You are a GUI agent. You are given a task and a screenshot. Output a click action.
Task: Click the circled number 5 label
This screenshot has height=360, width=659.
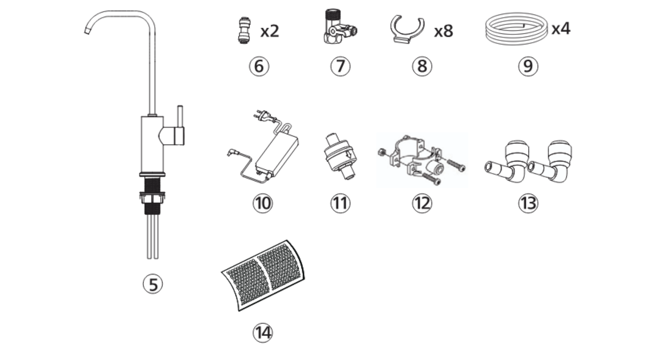click(x=153, y=284)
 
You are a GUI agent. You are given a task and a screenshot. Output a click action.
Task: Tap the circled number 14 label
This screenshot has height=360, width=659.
click(x=262, y=332)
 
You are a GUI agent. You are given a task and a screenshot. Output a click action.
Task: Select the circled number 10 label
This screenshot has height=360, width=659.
click(x=262, y=203)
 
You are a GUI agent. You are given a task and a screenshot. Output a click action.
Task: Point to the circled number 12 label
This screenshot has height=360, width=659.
click(x=422, y=203)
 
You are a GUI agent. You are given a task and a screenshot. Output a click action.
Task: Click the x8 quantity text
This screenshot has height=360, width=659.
click(x=443, y=31)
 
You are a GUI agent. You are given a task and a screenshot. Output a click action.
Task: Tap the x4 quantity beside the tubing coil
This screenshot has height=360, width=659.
click(x=561, y=29)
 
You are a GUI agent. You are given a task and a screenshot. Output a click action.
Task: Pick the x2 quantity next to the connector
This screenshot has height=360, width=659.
click(x=269, y=31)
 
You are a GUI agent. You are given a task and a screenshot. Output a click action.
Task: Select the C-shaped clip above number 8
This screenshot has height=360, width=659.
click(x=407, y=29)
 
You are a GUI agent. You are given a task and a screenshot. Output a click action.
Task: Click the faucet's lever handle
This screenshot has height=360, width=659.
click(x=179, y=125)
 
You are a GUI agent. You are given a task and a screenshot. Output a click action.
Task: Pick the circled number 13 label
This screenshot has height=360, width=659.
click(x=528, y=203)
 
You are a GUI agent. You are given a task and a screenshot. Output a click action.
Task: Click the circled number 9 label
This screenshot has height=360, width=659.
click(x=528, y=66)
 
